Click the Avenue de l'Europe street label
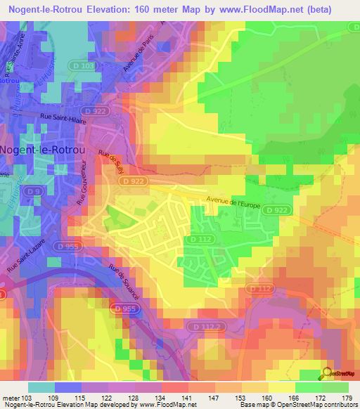click(x=235, y=202)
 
